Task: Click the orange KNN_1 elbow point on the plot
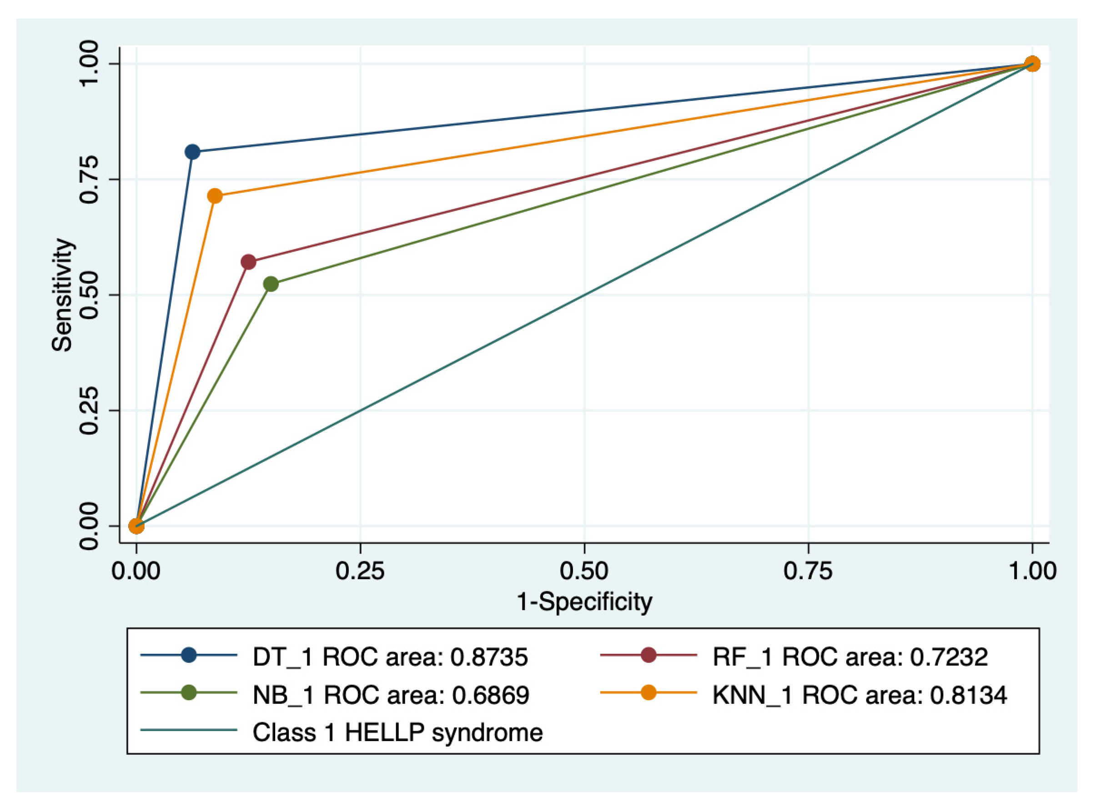(x=215, y=196)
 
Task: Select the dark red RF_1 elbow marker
(x=248, y=262)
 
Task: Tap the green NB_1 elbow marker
(x=271, y=284)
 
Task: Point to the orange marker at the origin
(x=136, y=526)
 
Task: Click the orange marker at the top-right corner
(x=1032, y=64)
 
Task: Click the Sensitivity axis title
(x=62, y=295)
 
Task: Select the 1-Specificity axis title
(x=584, y=601)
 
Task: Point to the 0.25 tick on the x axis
(x=360, y=571)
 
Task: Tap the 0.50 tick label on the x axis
(x=584, y=571)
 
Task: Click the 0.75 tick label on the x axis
(x=808, y=571)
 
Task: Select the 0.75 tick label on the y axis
(x=89, y=179)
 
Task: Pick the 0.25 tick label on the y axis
(x=89, y=410)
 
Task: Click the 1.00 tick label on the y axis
(x=89, y=64)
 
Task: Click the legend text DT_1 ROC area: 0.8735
(x=390, y=657)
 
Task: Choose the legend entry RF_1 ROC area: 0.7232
(x=850, y=657)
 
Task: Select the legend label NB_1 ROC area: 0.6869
(x=391, y=695)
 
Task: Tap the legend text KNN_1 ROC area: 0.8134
(x=860, y=695)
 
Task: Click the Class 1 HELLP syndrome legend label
(x=397, y=733)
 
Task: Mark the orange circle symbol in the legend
(x=649, y=693)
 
